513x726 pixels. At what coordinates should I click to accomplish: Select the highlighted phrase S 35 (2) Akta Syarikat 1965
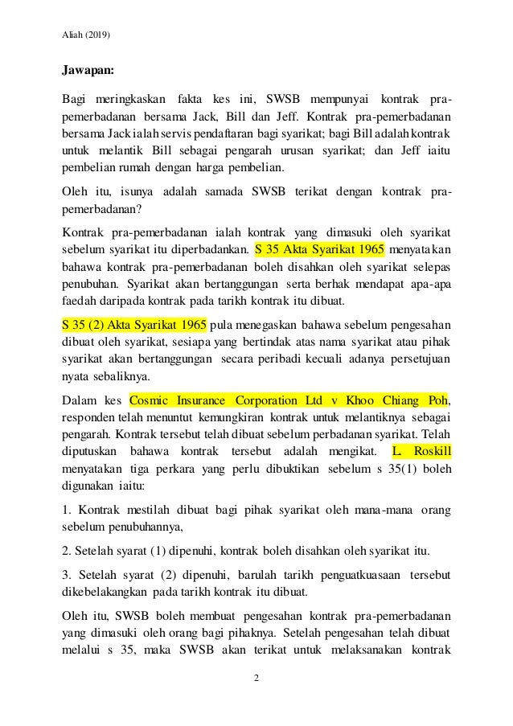(x=134, y=324)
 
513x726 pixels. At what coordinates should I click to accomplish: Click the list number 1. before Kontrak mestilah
(x=67, y=511)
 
